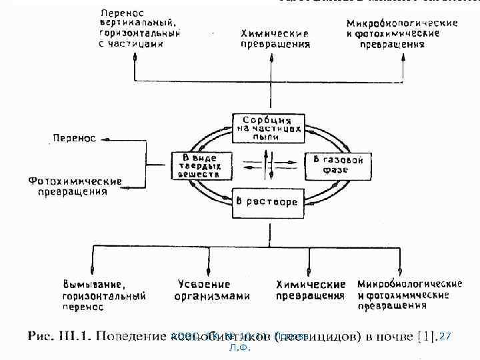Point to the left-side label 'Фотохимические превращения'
75,186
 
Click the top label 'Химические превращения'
275,39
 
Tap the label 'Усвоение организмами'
211,291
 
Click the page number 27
446,337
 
